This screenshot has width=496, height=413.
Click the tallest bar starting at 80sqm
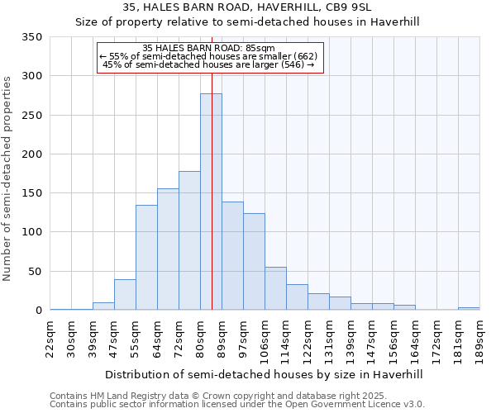click(x=211, y=202)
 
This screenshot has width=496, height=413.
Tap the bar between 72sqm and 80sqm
click(x=189, y=240)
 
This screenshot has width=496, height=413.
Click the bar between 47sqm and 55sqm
click(x=125, y=295)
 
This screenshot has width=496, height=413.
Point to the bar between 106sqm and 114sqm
click(x=275, y=288)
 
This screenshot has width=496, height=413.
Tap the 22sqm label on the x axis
click(x=50, y=339)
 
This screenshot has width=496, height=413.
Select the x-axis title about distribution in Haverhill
click(x=265, y=374)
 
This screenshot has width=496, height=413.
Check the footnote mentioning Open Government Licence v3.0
click(x=237, y=405)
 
